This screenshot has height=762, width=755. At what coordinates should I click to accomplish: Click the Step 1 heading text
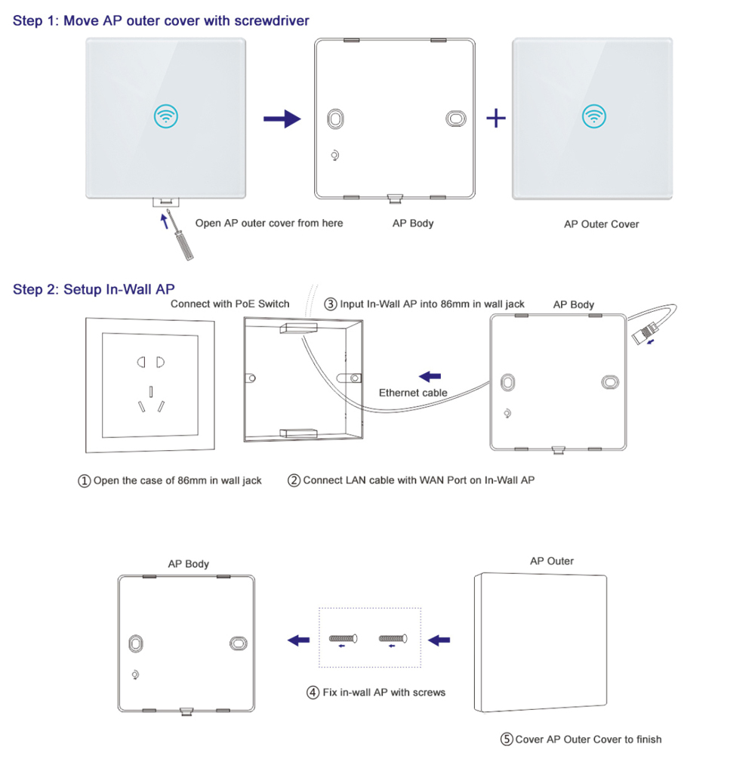point(161,21)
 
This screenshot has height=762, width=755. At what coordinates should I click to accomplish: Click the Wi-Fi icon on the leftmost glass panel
point(166,117)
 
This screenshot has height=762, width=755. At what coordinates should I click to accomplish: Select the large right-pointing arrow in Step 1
point(282,119)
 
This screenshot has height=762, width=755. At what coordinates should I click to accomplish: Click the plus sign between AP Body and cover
point(495,119)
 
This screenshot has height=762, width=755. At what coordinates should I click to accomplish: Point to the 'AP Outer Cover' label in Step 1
point(601,224)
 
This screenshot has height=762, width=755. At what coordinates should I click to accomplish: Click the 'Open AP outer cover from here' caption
point(269,223)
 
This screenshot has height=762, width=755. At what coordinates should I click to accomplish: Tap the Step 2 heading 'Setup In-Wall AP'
point(94,290)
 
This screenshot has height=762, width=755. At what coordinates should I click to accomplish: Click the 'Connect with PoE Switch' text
point(230,304)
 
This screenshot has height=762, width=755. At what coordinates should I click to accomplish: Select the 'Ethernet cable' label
point(413,393)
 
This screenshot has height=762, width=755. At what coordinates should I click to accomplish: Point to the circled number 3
point(331,304)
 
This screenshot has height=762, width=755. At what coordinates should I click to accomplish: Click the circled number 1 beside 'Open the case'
point(85,481)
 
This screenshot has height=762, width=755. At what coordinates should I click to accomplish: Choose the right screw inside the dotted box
point(393,640)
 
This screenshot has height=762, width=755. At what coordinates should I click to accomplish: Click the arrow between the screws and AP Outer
point(439,640)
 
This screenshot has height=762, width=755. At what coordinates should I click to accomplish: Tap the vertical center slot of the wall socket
point(152,391)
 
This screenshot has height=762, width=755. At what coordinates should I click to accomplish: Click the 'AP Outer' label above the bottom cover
point(551,561)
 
